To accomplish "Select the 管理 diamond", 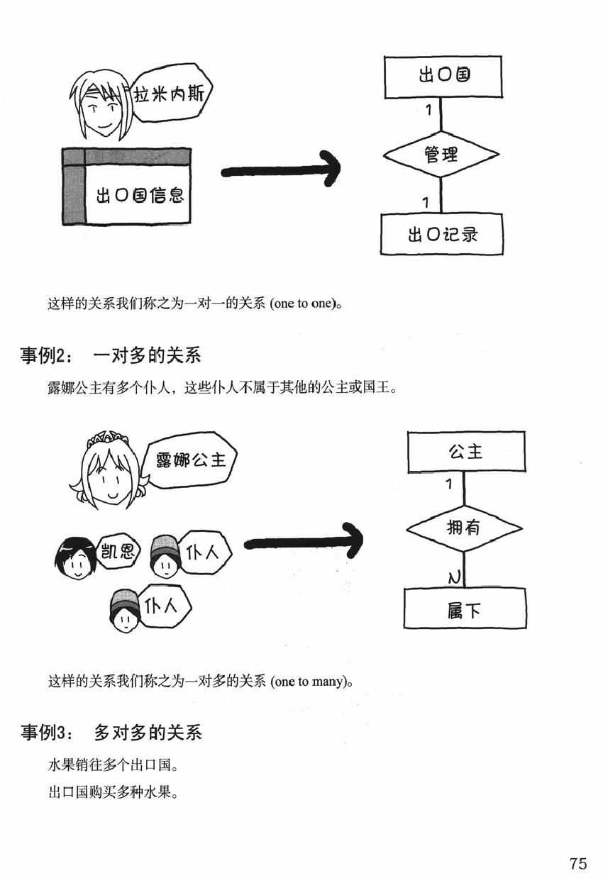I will point(441,154).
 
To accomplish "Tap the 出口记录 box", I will point(441,233).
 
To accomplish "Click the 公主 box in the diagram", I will point(465,452).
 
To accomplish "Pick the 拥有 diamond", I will point(464,528).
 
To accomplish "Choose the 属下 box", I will point(465,609).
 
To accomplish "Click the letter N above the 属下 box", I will point(455,578).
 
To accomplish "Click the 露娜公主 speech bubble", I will point(190,461).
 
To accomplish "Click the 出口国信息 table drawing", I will point(127,186).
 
